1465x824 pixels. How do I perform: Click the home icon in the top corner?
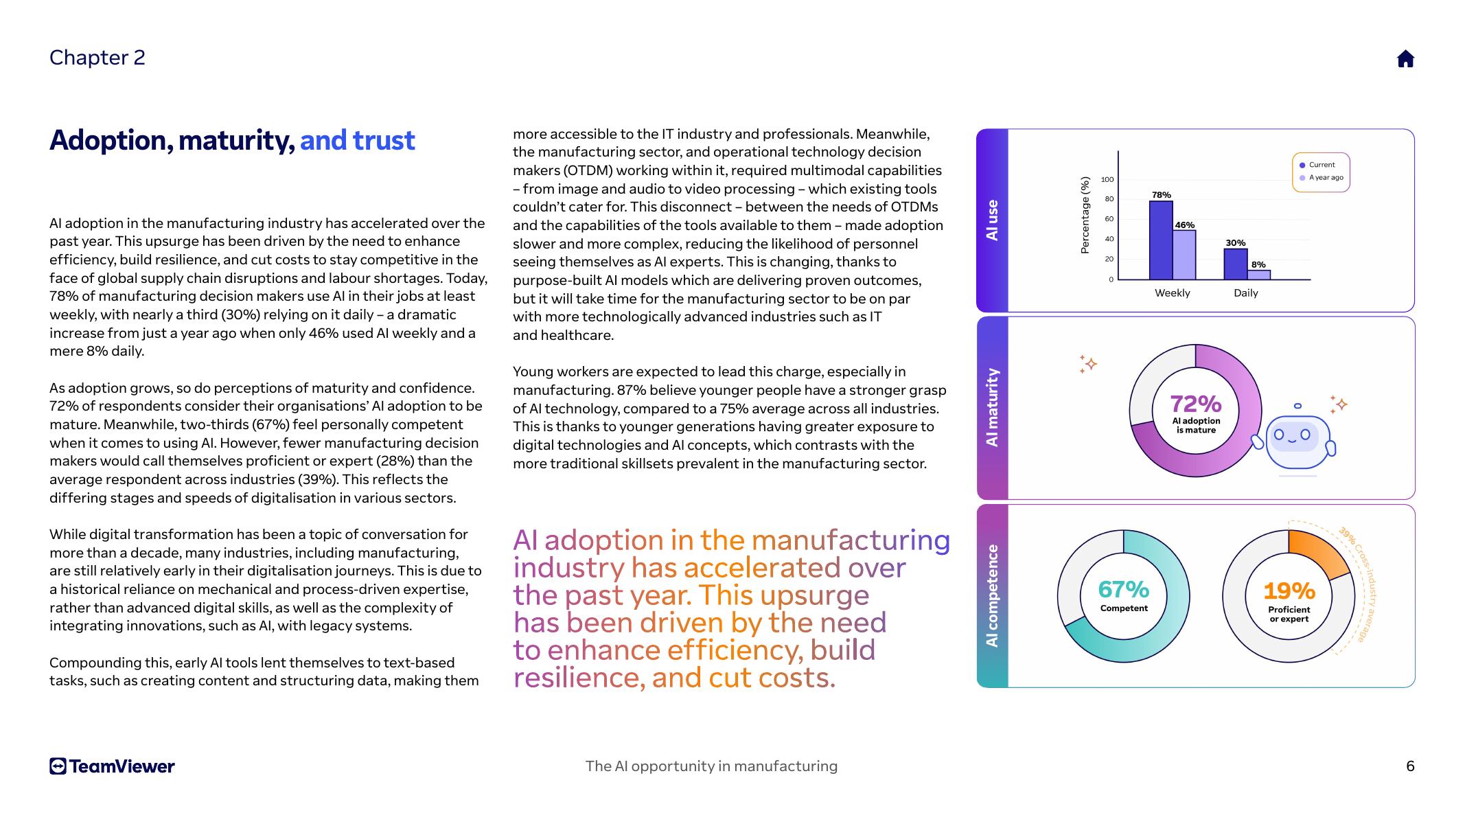[x=1405, y=59]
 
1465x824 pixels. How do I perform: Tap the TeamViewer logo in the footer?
[x=112, y=766]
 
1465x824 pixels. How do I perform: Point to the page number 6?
[x=1410, y=766]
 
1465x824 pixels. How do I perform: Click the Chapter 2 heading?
[x=97, y=58]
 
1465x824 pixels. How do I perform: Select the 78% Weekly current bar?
[x=1161, y=240]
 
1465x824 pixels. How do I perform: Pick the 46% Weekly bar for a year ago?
[x=1184, y=255]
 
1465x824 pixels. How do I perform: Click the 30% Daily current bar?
[x=1235, y=264]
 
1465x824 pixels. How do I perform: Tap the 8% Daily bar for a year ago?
[x=1258, y=275]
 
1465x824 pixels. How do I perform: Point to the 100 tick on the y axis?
[x=1107, y=180]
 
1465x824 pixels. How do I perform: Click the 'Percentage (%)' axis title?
[x=1085, y=216]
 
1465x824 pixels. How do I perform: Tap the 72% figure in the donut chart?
[x=1195, y=404]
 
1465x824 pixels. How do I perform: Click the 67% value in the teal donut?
[x=1123, y=589]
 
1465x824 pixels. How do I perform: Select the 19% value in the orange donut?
[x=1289, y=591]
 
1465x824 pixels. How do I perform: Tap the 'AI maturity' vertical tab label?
[x=992, y=408]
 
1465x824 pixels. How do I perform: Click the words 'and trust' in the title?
[x=357, y=141]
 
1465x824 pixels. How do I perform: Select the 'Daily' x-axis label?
[x=1245, y=293]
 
